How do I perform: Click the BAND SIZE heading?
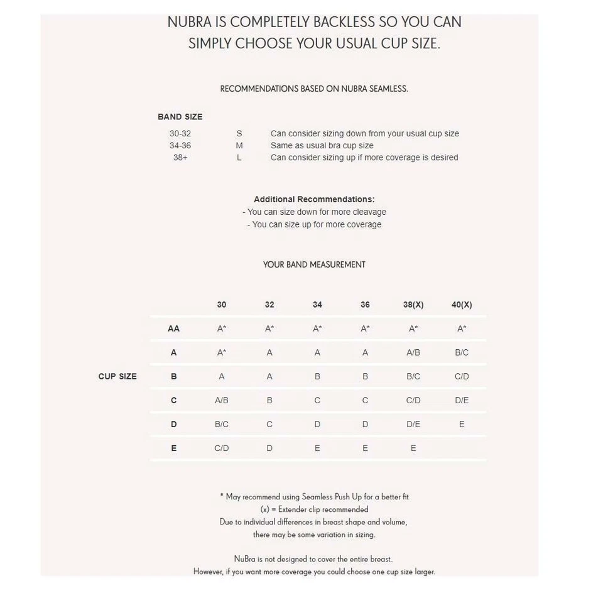tap(180, 117)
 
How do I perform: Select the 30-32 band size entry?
tap(180, 134)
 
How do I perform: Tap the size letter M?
tap(239, 146)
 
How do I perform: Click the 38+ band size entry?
tap(180, 158)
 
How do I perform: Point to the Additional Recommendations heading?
tap(314, 199)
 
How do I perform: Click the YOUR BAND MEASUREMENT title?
tap(314, 264)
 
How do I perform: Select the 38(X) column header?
tap(413, 305)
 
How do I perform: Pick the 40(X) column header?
tap(462, 305)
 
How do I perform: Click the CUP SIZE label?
tap(117, 376)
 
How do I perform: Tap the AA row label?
tap(174, 329)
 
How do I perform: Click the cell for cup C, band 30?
tap(222, 400)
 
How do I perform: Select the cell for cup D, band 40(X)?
tap(462, 424)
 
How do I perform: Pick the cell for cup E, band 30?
tap(222, 448)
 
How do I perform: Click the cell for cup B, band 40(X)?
tap(462, 376)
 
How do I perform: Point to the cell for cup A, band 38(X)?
tap(413, 352)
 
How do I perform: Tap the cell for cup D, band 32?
tap(269, 424)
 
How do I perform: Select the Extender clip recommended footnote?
tap(314, 509)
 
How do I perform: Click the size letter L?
tap(239, 158)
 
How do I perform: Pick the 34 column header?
tap(317, 305)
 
